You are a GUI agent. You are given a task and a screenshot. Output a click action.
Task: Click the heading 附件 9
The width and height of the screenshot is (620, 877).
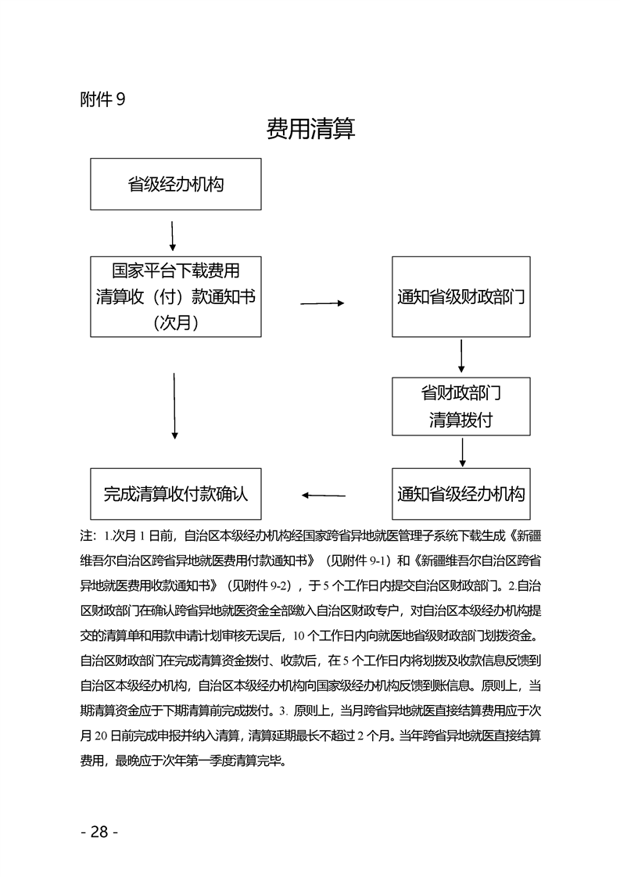click(102, 99)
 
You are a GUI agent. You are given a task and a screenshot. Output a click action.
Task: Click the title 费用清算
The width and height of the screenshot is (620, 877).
click(310, 129)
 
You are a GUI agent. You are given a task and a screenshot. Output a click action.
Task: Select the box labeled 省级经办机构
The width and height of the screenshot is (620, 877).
click(176, 184)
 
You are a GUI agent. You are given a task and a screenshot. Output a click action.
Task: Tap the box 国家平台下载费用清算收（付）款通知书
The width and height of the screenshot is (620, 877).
click(176, 296)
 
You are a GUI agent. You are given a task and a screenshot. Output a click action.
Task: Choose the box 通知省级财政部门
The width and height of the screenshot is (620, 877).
click(461, 297)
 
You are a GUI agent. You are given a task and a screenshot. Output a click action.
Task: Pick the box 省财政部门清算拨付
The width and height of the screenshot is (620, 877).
click(461, 406)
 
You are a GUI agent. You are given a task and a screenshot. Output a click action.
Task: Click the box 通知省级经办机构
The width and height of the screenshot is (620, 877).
click(461, 494)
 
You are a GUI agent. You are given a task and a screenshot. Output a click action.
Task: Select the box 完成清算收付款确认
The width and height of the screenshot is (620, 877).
click(176, 494)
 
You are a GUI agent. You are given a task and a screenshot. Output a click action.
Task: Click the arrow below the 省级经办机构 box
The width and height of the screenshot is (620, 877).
click(172, 233)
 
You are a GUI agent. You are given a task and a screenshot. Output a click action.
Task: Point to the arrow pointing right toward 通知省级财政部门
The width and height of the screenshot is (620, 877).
click(322, 303)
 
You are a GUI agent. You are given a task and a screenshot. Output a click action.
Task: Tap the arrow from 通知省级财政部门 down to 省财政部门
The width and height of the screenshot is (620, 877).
click(462, 356)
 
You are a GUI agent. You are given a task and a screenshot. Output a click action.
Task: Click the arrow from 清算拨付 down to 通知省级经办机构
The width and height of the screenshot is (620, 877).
click(463, 452)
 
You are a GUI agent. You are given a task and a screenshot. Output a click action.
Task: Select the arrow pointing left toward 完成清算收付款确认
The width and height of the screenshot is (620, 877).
click(324, 495)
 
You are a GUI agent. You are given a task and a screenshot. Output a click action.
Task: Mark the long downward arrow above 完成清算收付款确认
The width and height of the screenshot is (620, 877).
click(174, 405)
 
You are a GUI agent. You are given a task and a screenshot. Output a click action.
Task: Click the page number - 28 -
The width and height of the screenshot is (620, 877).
click(99, 832)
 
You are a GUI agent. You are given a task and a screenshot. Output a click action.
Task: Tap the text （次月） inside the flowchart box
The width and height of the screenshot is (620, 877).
click(176, 322)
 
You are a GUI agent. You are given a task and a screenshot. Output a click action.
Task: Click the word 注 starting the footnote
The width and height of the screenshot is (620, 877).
click(86, 537)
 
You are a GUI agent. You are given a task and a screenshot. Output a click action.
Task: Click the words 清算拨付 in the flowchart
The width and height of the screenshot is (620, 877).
click(461, 420)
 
